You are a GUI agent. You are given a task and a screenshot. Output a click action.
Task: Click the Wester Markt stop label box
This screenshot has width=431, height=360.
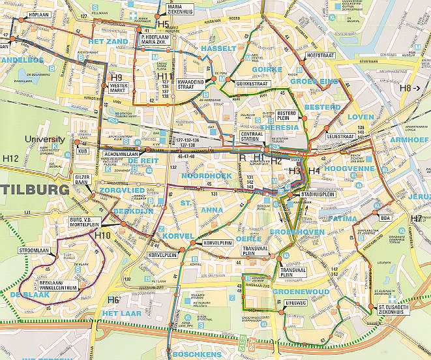tap(119, 87)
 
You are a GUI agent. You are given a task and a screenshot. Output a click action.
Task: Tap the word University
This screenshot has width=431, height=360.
tap(44, 139)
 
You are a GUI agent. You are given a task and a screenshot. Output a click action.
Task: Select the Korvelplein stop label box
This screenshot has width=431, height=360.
tap(218, 243)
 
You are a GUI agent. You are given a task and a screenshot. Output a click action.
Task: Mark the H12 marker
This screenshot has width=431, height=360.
tap(10, 158)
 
